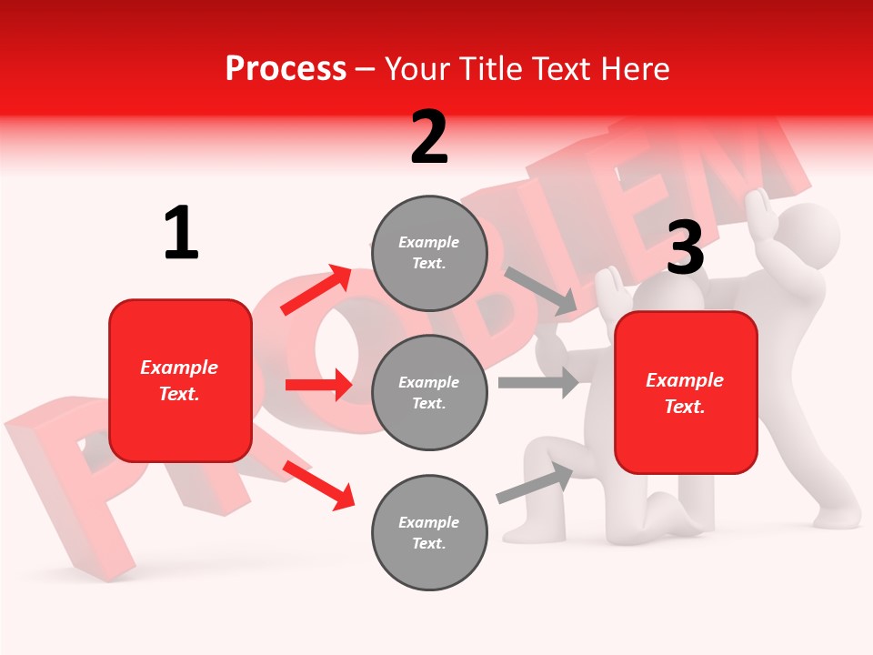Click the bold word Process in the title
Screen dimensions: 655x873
[x=286, y=68]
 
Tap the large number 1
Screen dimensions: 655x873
[x=181, y=234]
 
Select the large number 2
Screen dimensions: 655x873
[x=429, y=137]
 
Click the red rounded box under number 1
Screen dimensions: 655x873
[x=180, y=380]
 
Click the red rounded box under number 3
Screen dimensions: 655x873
[x=686, y=393]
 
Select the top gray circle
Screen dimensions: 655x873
[x=429, y=253]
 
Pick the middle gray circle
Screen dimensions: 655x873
[x=429, y=392]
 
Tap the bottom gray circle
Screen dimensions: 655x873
[x=429, y=532]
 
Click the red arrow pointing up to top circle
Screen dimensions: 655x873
[x=316, y=289]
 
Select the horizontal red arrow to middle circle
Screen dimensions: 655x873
[x=318, y=385]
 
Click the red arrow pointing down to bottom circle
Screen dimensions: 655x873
[x=318, y=484]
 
